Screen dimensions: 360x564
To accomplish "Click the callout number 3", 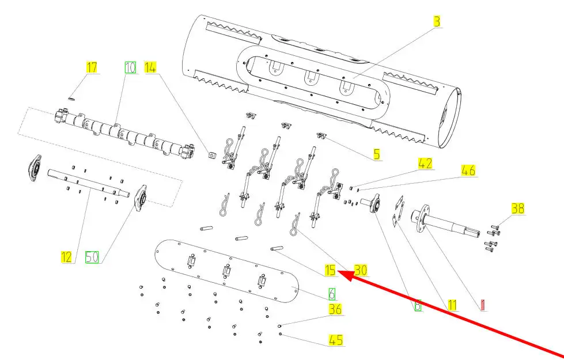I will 437,22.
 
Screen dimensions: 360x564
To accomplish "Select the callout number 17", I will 92,67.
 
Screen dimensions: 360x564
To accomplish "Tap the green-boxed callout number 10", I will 130,67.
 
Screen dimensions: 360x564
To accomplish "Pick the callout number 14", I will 150,67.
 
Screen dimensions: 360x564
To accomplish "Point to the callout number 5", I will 376,154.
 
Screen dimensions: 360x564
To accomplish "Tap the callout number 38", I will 518,209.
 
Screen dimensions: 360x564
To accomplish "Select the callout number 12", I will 67,257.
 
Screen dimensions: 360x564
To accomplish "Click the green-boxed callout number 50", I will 92,257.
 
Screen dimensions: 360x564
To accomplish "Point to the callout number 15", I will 330,270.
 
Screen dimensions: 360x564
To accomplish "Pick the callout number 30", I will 361,270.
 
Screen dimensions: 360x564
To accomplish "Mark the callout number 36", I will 335,309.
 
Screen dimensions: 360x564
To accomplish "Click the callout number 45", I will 335,340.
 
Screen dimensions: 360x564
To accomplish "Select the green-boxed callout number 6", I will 331,293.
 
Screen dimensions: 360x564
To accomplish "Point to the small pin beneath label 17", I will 72,97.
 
